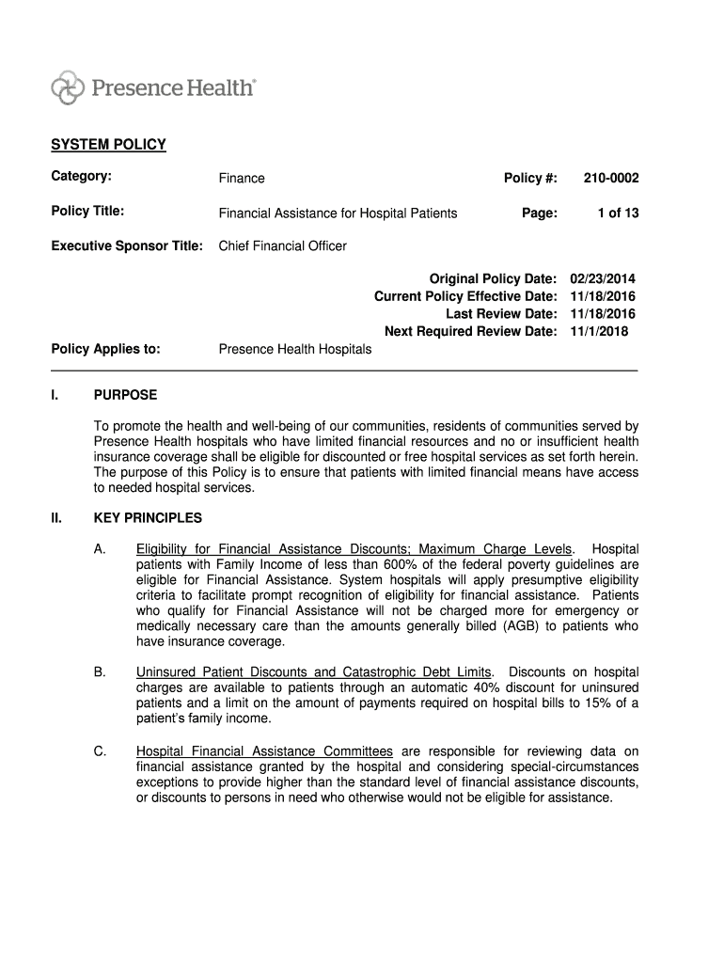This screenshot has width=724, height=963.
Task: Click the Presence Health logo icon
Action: tap(68, 87)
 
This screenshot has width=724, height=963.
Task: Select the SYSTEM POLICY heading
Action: tap(108, 145)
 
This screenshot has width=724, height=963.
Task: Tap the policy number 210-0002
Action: tap(611, 178)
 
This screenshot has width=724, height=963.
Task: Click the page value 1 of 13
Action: tap(618, 213)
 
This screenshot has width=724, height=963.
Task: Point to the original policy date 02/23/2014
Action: tap(603, 279)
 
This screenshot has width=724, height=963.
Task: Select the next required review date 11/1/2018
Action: tap(599, 331)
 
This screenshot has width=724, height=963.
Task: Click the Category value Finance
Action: tap(242, 178)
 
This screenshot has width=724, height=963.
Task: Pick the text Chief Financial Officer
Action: tap(282, 246)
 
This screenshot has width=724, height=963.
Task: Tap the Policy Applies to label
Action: tap(105, 349)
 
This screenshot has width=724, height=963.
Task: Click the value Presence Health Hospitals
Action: tap(295, 349)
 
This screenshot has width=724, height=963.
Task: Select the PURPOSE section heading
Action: tap(125, 395)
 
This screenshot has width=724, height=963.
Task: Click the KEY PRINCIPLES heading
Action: tap(148, 518)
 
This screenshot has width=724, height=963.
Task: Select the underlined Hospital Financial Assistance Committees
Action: tap(264, 751)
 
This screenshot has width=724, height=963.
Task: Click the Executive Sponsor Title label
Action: tap(127, 246)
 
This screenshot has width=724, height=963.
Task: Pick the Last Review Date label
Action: tap(501, 314)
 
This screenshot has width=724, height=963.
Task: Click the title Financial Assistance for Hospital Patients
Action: tap(338, 213)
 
